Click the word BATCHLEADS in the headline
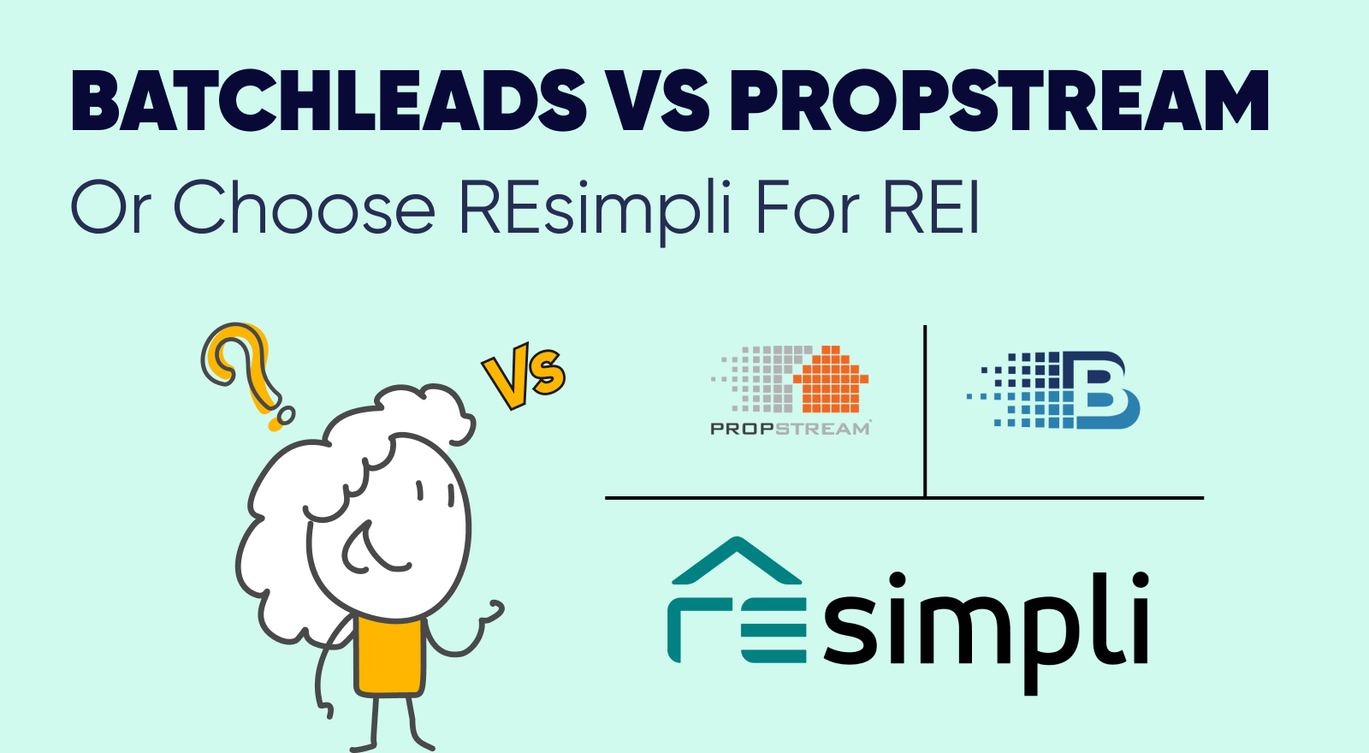coord(329,101)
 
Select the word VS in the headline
coord(658,101)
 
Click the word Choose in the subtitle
coord(304,205)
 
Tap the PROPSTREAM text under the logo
coord(791,429)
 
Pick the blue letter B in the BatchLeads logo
coord(1100,389)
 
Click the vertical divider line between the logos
coord(925,412)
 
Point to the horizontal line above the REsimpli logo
coord(904,498)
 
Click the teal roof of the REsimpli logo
coord(737,560)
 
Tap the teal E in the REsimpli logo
coord(773,630)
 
